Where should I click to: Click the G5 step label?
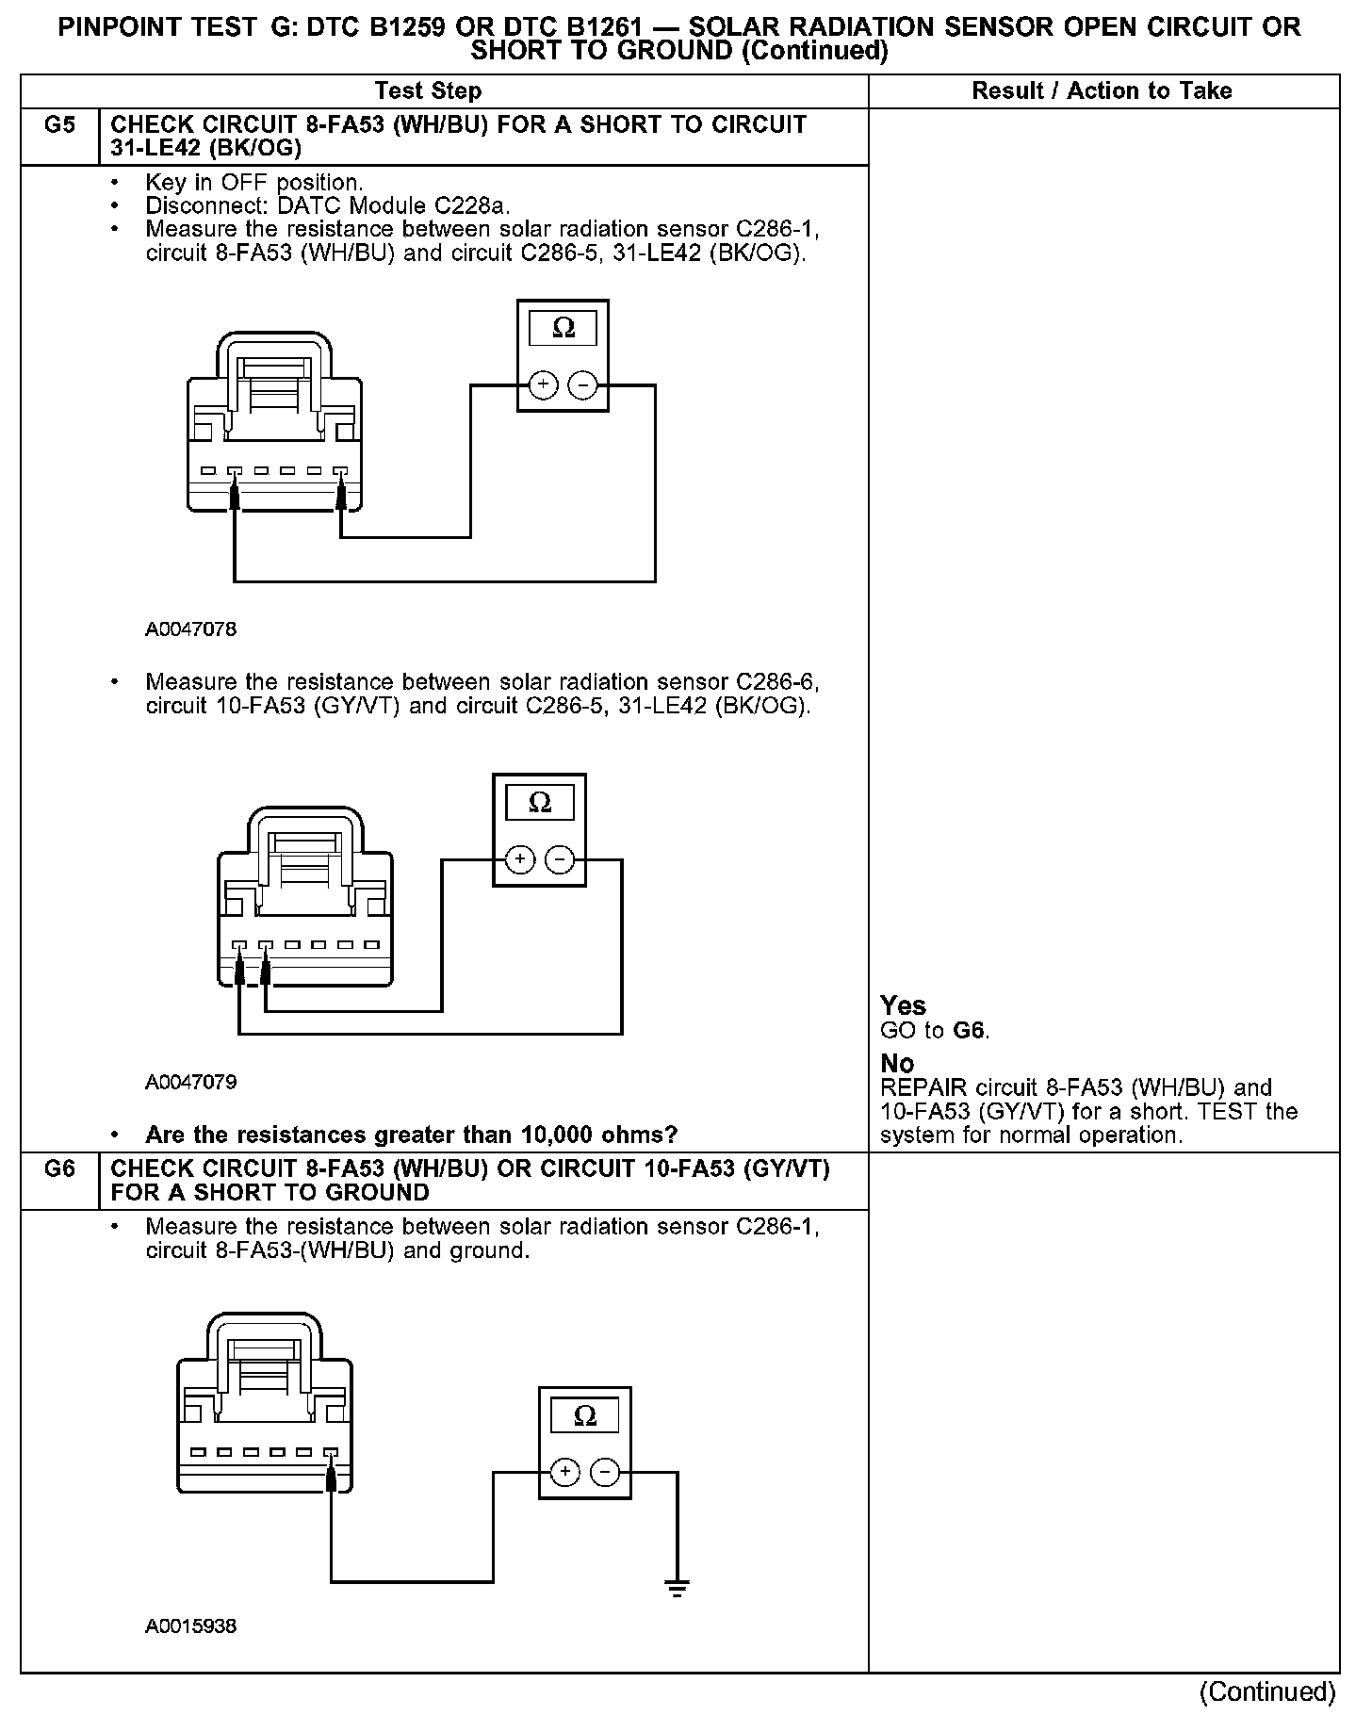(x=58, y=125)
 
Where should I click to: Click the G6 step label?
(x=58, y=1169)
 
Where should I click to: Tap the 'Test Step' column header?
(x=428, y=91)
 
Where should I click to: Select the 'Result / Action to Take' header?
(x=1102, y=91)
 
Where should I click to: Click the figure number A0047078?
(x=190, y=629)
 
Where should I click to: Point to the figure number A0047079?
(x=190, y=1082)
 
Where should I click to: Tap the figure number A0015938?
(x=190, y=1626)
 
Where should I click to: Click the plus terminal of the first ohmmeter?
(x=543, y=385)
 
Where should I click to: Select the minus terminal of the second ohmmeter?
(x=560, y=859)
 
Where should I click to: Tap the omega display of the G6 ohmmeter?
(x=584, y=1416)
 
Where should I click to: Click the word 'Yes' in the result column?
(x=903, y=1005)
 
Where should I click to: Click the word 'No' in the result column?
(x=897, y=1064)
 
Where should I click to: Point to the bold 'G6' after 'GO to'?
(x=970, y=1030)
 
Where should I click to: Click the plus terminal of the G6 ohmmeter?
(x=564, y=1472)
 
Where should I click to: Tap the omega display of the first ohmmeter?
(x=563, y=328)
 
